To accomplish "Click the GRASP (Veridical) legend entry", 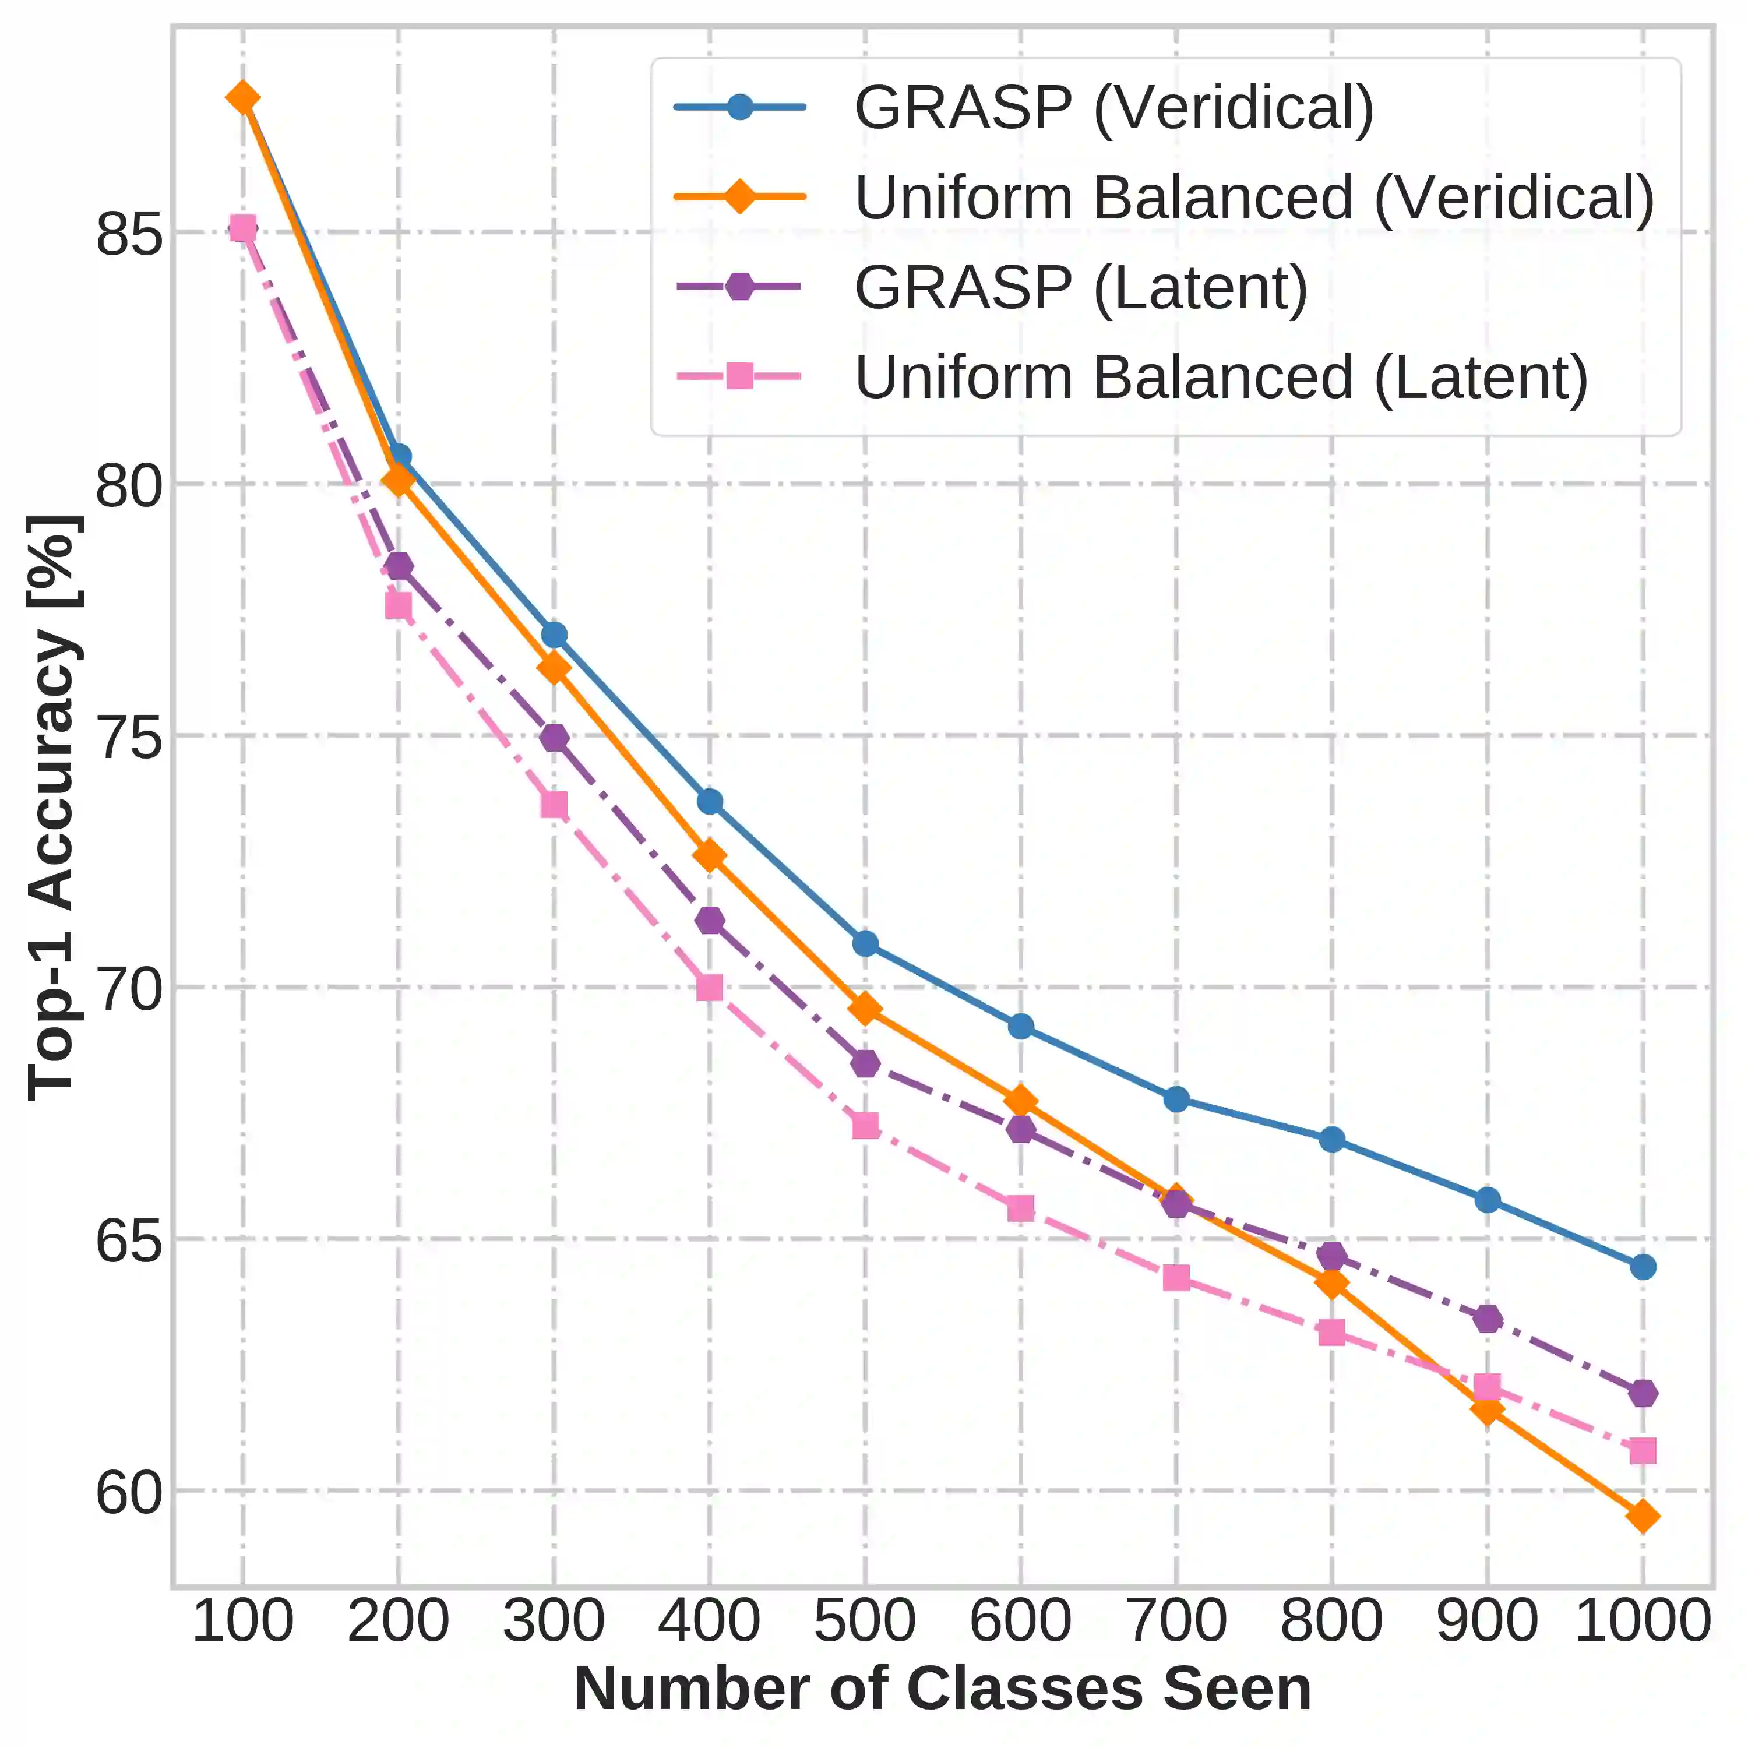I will [x=1113, y=108].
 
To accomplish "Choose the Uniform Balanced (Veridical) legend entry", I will [x=1254, y=198].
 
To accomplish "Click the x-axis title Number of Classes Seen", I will [x=943, y=1689].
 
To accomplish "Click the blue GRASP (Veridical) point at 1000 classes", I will [x=1643, y=1267].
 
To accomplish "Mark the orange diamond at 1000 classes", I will [x=1643, y=1516].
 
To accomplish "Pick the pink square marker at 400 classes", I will [x=709, y=987].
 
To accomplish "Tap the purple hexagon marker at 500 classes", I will [x=865, y=1063].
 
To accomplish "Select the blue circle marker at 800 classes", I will [x=1332, y=1139].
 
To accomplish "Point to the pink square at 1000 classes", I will [x=1643, y=1451].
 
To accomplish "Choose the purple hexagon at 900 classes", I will [x=1488, y=1318].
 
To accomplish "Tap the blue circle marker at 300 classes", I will [x=554, y=635].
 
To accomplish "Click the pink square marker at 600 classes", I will [x=1021, y=1209].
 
